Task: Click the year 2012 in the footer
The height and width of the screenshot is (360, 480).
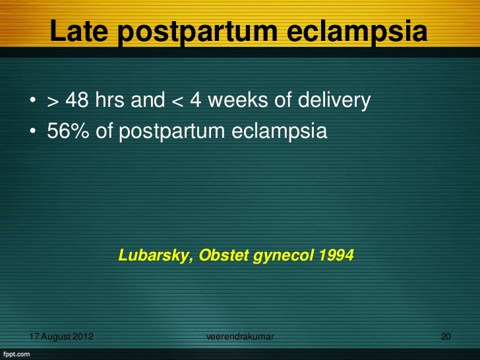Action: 82,338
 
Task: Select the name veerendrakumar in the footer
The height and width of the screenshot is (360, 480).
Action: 240,338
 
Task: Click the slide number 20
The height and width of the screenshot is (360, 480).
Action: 446,338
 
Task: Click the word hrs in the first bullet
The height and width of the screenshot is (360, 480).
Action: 112,101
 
